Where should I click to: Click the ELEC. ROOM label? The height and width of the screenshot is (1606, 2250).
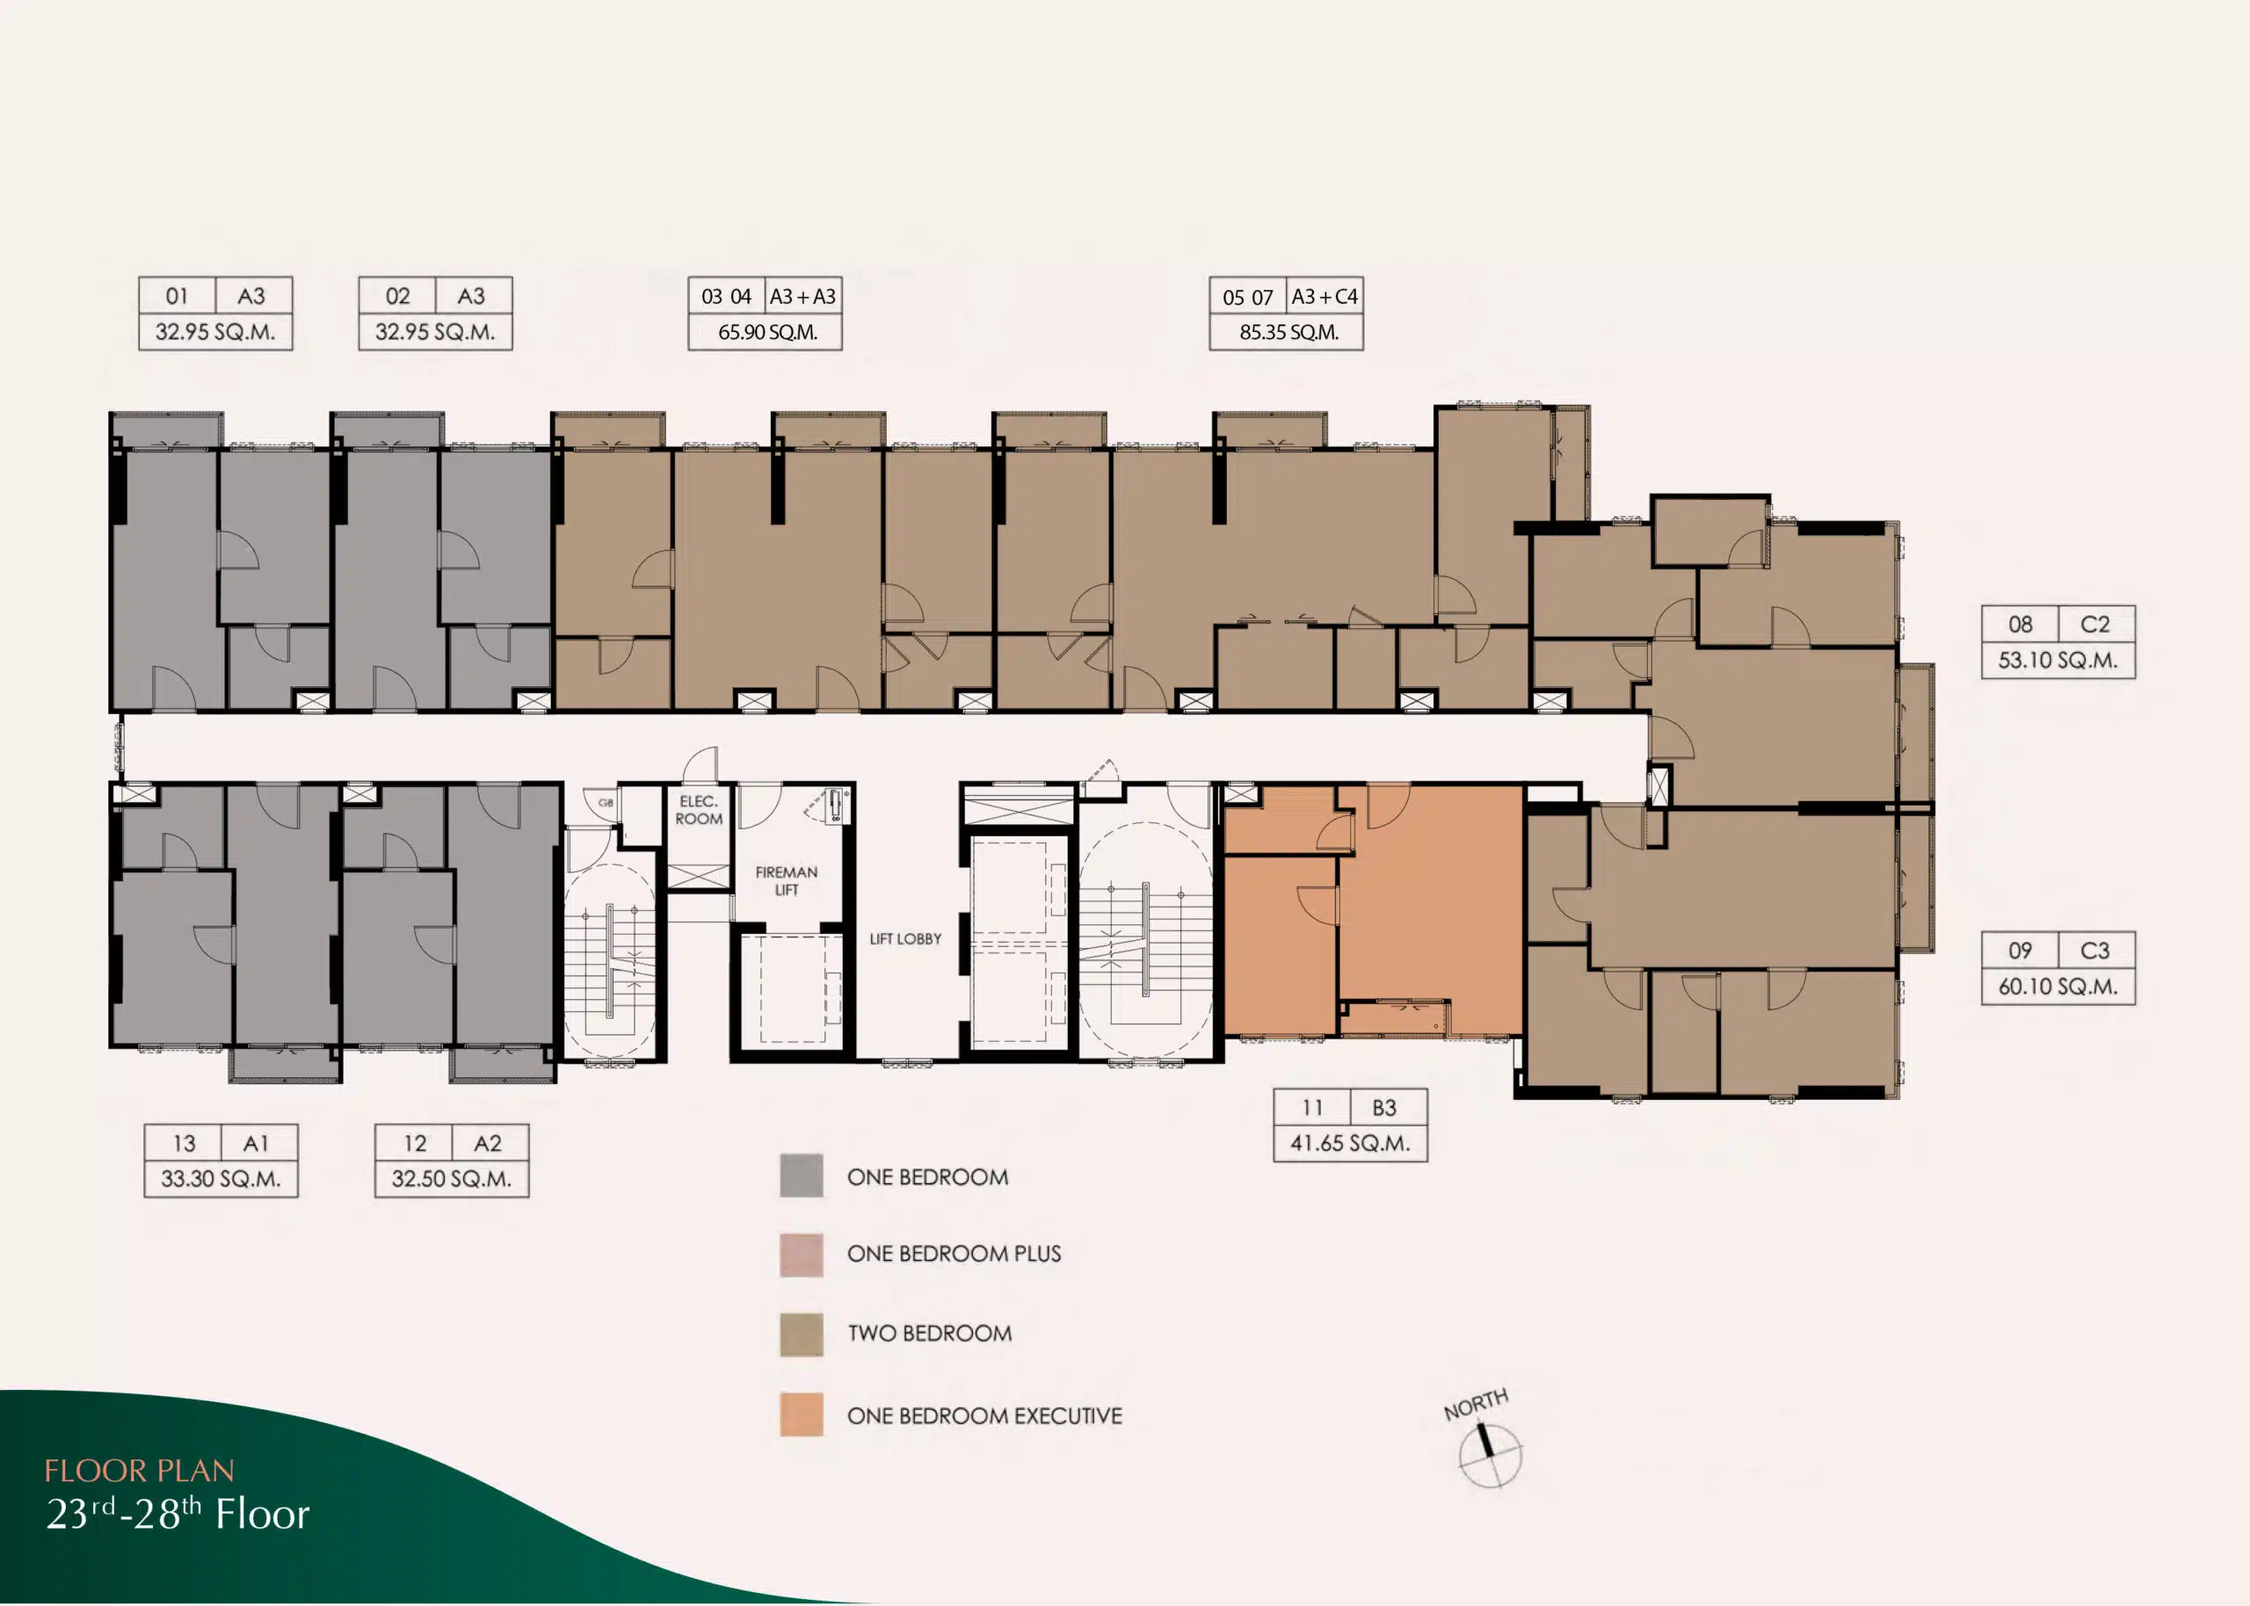(698, 810)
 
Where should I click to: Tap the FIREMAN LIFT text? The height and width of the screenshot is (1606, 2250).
(787, 880)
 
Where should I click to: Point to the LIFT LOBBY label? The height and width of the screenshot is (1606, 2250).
(905, 938)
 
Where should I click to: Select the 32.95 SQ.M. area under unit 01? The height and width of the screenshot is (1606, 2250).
(214, 332)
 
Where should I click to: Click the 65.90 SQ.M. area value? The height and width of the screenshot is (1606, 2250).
(767, 332)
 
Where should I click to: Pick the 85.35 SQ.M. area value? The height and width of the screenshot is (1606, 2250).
(1288, 332)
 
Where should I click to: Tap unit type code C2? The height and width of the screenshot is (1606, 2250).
(2094, 624)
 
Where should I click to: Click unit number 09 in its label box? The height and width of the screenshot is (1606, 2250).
(2020, 951)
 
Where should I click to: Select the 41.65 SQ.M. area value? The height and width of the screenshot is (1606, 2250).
(1350, 1143)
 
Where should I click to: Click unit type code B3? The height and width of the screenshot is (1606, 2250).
(1383, 1108)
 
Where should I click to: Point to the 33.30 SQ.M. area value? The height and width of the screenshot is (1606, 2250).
(221, 1179)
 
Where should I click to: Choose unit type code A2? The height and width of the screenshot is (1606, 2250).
(488, 1143)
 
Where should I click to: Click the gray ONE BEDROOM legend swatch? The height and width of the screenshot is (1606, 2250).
(801, 1176)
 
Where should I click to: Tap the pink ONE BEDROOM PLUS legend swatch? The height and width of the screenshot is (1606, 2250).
(801, 1255)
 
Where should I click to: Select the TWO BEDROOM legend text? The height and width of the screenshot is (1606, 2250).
(930, 1333)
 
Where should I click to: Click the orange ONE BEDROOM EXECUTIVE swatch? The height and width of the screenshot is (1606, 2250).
(801, 1414)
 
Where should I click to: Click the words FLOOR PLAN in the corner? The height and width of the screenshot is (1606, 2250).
(140, 1471)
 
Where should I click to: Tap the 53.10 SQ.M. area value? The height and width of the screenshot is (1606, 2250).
(2058, 660)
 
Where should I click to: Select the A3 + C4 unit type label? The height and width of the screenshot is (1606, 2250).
(1325, 296)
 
